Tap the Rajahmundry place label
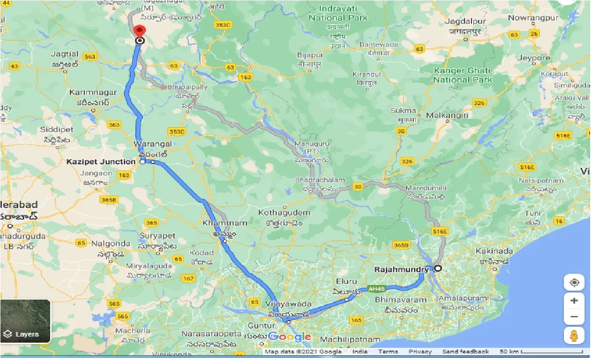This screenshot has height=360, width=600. point(402,270)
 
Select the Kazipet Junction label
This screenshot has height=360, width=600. point(101,162)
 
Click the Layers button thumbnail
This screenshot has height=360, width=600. point(25,321)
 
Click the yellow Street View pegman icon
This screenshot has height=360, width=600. point(574,336)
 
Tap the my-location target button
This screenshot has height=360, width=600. point(574,283)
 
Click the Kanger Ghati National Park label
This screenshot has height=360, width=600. point(462,75)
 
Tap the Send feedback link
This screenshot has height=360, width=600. point(465,352)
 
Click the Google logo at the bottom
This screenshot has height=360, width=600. point(290,337)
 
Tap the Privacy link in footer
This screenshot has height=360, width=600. point(420,352)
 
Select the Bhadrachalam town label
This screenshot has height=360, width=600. point(320,180)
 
